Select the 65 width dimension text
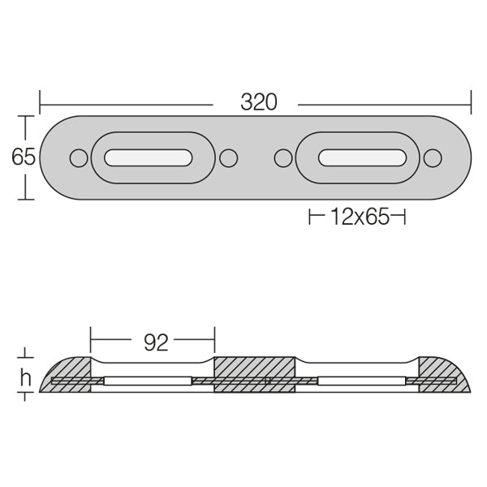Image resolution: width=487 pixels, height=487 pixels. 24,157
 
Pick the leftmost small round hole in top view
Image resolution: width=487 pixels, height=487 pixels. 78,158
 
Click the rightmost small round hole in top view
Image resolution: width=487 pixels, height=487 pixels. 433,158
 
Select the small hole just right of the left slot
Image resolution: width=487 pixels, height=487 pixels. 229,158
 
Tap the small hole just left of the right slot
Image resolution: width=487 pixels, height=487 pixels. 282,158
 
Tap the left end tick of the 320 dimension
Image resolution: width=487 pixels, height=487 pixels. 40,103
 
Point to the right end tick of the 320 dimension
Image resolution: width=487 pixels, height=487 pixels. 472,103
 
